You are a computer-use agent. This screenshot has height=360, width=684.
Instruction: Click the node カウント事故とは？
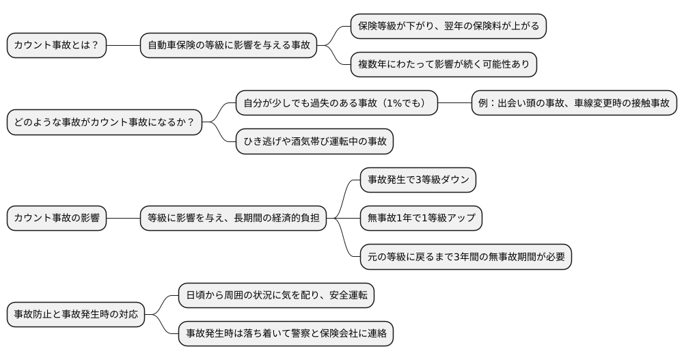57,46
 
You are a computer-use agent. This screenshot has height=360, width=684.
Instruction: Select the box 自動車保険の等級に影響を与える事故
229,46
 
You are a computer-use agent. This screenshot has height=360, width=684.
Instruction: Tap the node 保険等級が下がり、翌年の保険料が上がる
448,26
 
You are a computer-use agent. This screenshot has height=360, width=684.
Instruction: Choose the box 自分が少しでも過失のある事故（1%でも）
336,103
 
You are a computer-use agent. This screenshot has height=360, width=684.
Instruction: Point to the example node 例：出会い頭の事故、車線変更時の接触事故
574,103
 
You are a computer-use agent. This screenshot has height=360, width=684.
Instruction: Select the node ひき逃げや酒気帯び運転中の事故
315,141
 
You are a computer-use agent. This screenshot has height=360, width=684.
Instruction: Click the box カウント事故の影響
57,219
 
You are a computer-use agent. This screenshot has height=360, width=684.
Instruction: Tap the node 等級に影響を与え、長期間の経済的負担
233,219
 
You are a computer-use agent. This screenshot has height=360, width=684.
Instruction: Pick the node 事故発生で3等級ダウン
418,180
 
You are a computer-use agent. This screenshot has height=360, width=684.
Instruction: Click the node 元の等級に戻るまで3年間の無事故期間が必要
466,257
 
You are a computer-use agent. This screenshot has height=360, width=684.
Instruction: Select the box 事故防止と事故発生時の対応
76,314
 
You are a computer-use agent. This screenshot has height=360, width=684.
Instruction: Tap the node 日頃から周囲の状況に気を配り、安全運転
276,295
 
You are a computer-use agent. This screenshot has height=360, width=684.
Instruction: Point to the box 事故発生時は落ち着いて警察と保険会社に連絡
286,334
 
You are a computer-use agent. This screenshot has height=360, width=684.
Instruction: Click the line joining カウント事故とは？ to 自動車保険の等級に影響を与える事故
123,46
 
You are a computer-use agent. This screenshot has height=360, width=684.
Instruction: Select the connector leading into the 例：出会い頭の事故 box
454,103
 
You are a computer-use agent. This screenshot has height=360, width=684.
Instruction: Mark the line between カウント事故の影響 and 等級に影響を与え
123,219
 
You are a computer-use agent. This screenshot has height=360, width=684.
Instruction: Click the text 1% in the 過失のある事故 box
394,103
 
